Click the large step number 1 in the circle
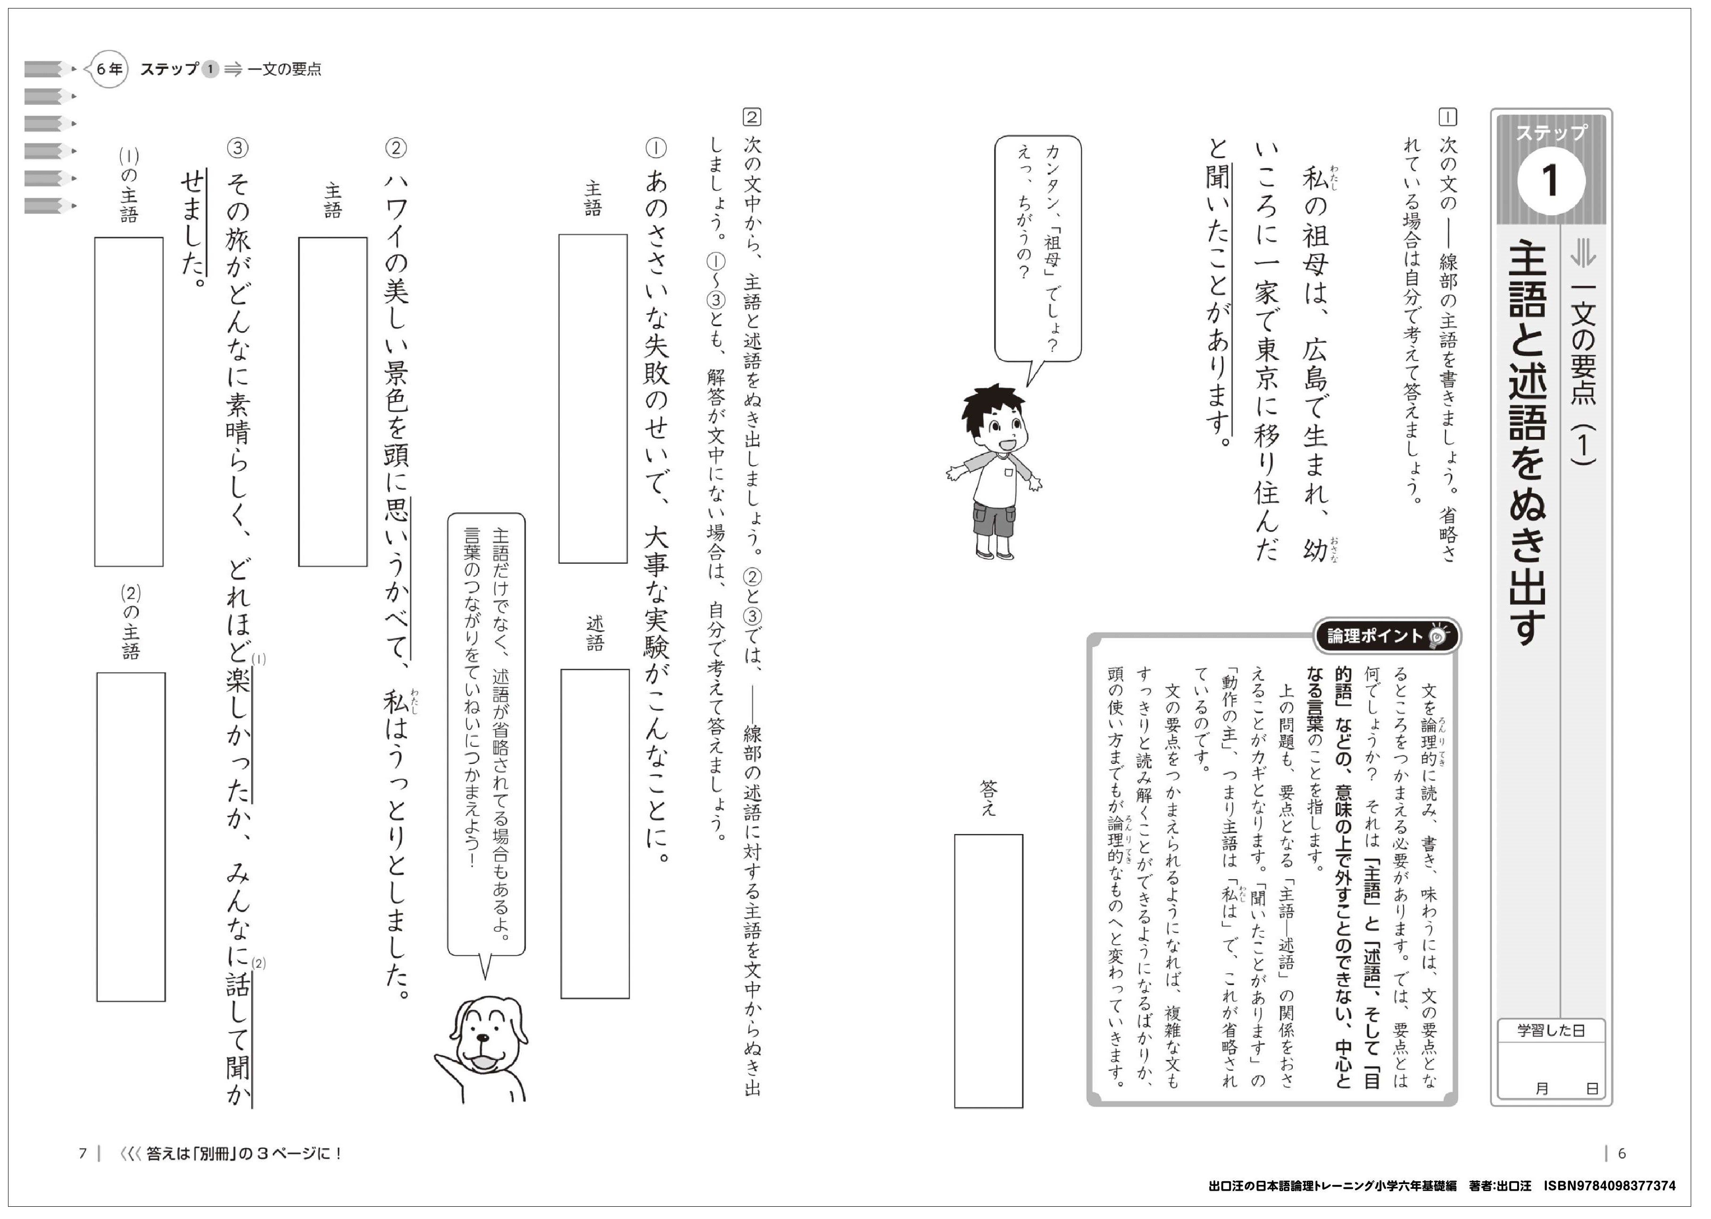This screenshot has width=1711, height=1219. (x=1550, y=180)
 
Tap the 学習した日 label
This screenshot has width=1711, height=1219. (x=1550, y=1031)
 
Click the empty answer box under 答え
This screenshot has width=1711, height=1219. (x=988, y=970)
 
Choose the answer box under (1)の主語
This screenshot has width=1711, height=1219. (x=128, y=401)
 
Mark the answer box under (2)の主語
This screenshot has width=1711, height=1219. (x=131, y=836)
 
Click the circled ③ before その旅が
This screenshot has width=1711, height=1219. (x=237, y=149)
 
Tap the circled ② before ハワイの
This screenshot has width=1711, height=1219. (x=396, y=149)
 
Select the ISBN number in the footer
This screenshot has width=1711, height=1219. (x=1609, y=1186)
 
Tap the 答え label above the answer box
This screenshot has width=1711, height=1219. (x=988, y=798)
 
